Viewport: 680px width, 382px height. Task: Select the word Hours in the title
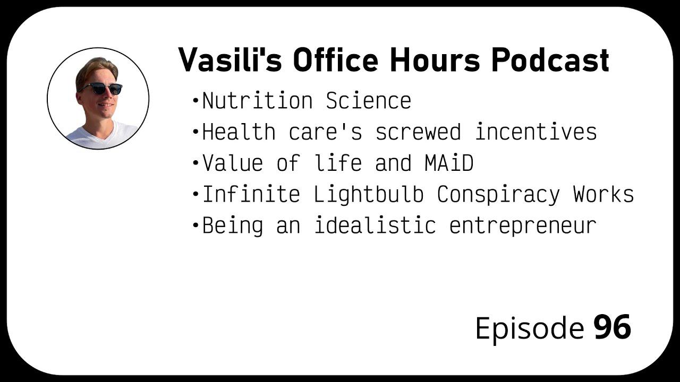coord(434,60)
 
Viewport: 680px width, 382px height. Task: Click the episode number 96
coord(612,327)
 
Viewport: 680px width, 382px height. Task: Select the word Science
coord(369,101)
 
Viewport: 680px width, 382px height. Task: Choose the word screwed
coord(418,132)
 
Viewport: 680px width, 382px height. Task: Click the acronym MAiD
coord(449,163)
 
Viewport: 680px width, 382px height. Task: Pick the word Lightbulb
coord(369,195)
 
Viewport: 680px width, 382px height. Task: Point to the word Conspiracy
coord(498,195)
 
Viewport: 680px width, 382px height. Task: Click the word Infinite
coord(251,195)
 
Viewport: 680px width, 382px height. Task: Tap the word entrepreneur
coord(523,226)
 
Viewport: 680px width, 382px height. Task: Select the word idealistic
coord(375,226)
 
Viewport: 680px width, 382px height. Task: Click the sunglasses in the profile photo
coord(101,89)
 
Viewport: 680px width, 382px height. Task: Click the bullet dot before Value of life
coord(195,163)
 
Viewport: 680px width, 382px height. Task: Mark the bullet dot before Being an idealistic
coord(195,226)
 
